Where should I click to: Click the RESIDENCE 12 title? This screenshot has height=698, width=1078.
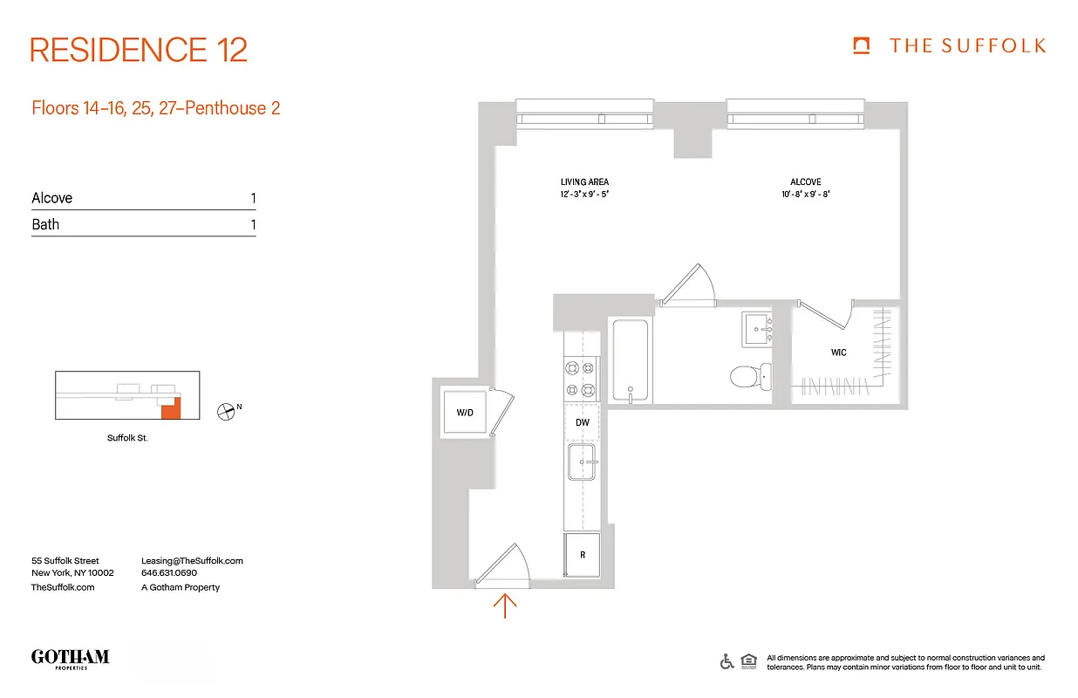139,49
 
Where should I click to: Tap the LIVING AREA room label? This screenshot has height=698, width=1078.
584,181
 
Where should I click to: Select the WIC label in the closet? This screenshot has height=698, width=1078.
838,352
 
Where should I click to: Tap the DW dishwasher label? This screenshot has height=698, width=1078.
583,423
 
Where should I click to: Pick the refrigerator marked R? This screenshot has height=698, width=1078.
583,555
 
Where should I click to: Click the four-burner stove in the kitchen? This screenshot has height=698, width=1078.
582,379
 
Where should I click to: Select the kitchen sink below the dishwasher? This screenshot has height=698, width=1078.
582,462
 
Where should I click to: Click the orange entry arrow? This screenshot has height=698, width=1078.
506,605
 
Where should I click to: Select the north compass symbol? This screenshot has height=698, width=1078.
227,410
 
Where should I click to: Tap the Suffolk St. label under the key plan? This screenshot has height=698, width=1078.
127,438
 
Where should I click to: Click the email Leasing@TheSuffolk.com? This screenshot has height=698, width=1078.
192,561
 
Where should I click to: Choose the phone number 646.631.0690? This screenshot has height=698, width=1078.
169,573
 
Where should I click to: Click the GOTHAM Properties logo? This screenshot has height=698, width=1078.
70,658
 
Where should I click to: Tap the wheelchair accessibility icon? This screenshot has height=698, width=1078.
727,661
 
